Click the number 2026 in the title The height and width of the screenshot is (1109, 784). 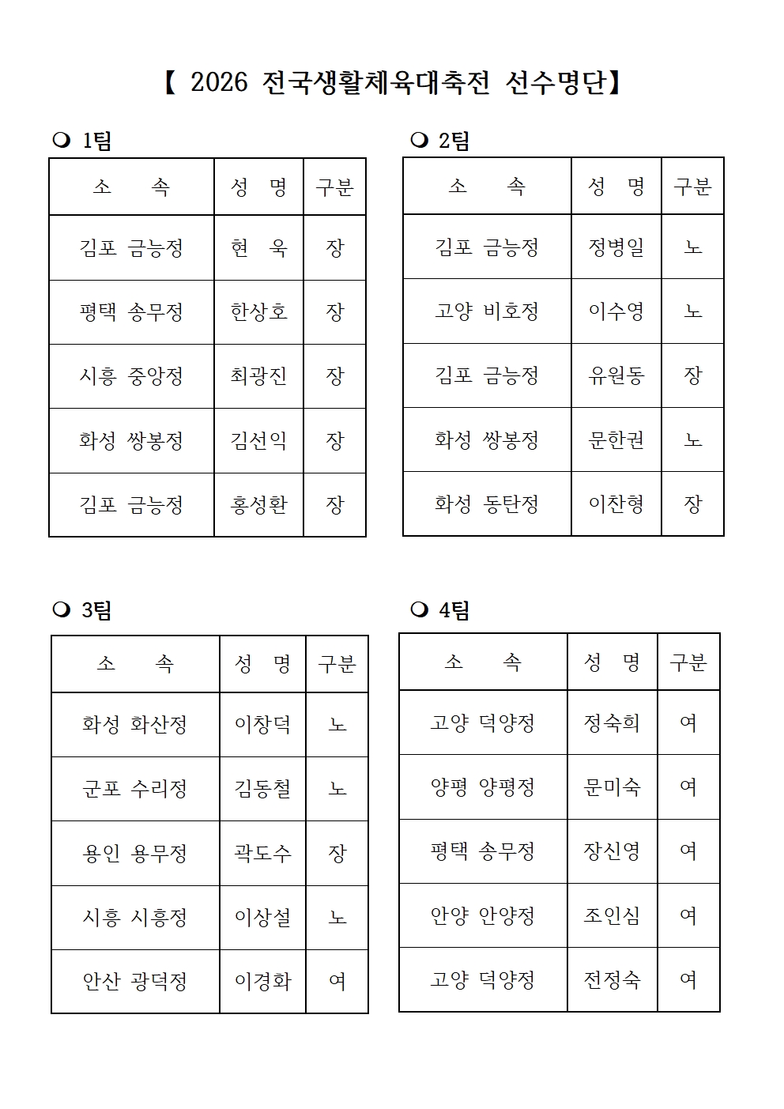[219, 83]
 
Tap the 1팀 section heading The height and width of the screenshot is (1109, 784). [96, 141]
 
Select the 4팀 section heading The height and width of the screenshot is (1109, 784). [454, 610]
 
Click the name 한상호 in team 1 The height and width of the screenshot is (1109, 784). [258, 311]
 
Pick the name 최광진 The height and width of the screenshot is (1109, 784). [258, 375]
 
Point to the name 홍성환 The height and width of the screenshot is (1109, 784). [258, 504]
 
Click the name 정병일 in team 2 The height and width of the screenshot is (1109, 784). [616, 247]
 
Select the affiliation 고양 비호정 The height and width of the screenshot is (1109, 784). [486, 311]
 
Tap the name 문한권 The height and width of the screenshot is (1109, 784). [616, 439]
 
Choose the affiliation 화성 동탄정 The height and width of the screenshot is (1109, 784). [486, 504]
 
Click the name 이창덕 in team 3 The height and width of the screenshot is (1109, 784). [262, 724]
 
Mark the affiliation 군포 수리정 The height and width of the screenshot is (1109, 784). [134, 789]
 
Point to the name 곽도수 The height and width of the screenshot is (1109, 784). [262, 853]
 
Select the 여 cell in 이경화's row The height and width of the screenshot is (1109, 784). [337, 981]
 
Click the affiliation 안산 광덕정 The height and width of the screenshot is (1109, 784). [134, 981]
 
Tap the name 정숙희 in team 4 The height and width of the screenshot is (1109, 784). [612, 722]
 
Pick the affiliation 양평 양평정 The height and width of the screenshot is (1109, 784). [482, 786]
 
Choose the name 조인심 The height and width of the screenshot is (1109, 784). [612, 915]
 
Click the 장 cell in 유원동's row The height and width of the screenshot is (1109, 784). [692, 375]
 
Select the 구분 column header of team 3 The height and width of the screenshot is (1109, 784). [337, 663]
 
